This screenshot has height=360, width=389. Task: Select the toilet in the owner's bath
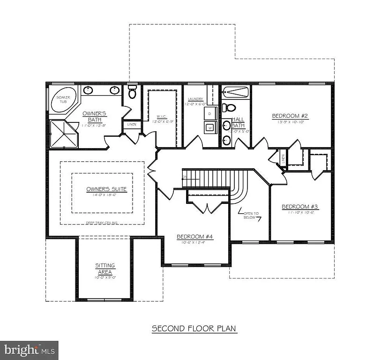coord(132,92)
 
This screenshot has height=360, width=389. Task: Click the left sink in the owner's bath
coord(88,90)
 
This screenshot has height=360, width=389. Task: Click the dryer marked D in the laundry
coord(209,114)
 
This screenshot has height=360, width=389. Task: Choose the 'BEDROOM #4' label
coord(194,237)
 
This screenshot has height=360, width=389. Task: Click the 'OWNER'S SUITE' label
coord(106,189)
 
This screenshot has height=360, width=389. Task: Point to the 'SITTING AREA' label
coord(105,269)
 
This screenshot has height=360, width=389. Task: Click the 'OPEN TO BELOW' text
coord(251,216)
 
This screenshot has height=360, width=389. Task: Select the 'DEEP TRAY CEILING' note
coord(102,223)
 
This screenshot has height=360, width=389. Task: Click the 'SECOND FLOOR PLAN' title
coord(194,329)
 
